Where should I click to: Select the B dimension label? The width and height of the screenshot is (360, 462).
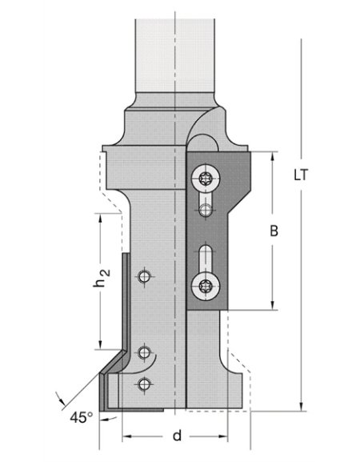[x=273, y=231]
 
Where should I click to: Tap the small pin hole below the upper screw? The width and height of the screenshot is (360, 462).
[x=206, y=211]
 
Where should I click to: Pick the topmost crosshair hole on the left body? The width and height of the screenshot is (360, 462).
[x=144, y=277]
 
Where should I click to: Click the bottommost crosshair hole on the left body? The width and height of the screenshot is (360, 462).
[x=144, y=383]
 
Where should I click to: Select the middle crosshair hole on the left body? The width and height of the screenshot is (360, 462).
[x=144, y=351]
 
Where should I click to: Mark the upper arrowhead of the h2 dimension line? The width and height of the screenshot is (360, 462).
[x=99, y=216]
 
